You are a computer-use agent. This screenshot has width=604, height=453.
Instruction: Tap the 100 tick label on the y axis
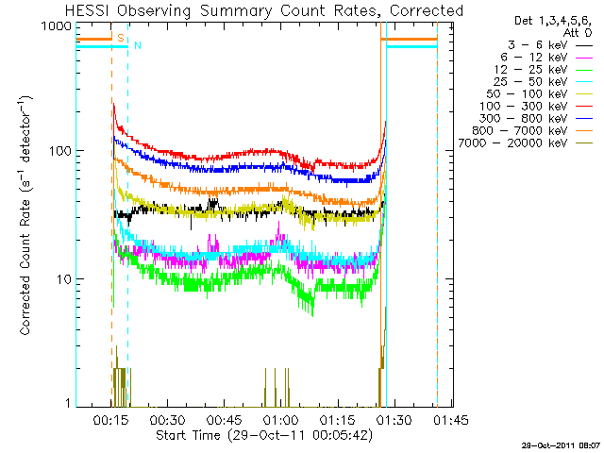click(x=60, y=152)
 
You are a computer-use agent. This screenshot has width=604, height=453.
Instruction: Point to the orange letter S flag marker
click(x=120, y=36)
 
